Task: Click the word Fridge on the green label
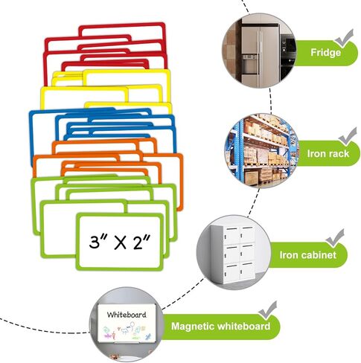(x=325, y=53)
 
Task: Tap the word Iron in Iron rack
(x=316, y=154)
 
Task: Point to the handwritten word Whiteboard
(x=127, y=315)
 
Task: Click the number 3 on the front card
(x=95, y=242)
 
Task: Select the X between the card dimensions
(x=120, y=242)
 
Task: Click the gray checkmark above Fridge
(x=344, y=38)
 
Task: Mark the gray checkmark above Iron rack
(x=348, y=136)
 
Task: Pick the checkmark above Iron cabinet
(x=335, y=238)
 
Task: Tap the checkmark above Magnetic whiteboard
(x=267, y=310)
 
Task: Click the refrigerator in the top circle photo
(x=261, y=56)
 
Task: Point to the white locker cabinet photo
(x=233, y=252)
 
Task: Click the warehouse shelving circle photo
(x=261, y=150)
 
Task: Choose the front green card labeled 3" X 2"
(x=120, y=242)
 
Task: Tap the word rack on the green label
(x=338, y=154)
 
